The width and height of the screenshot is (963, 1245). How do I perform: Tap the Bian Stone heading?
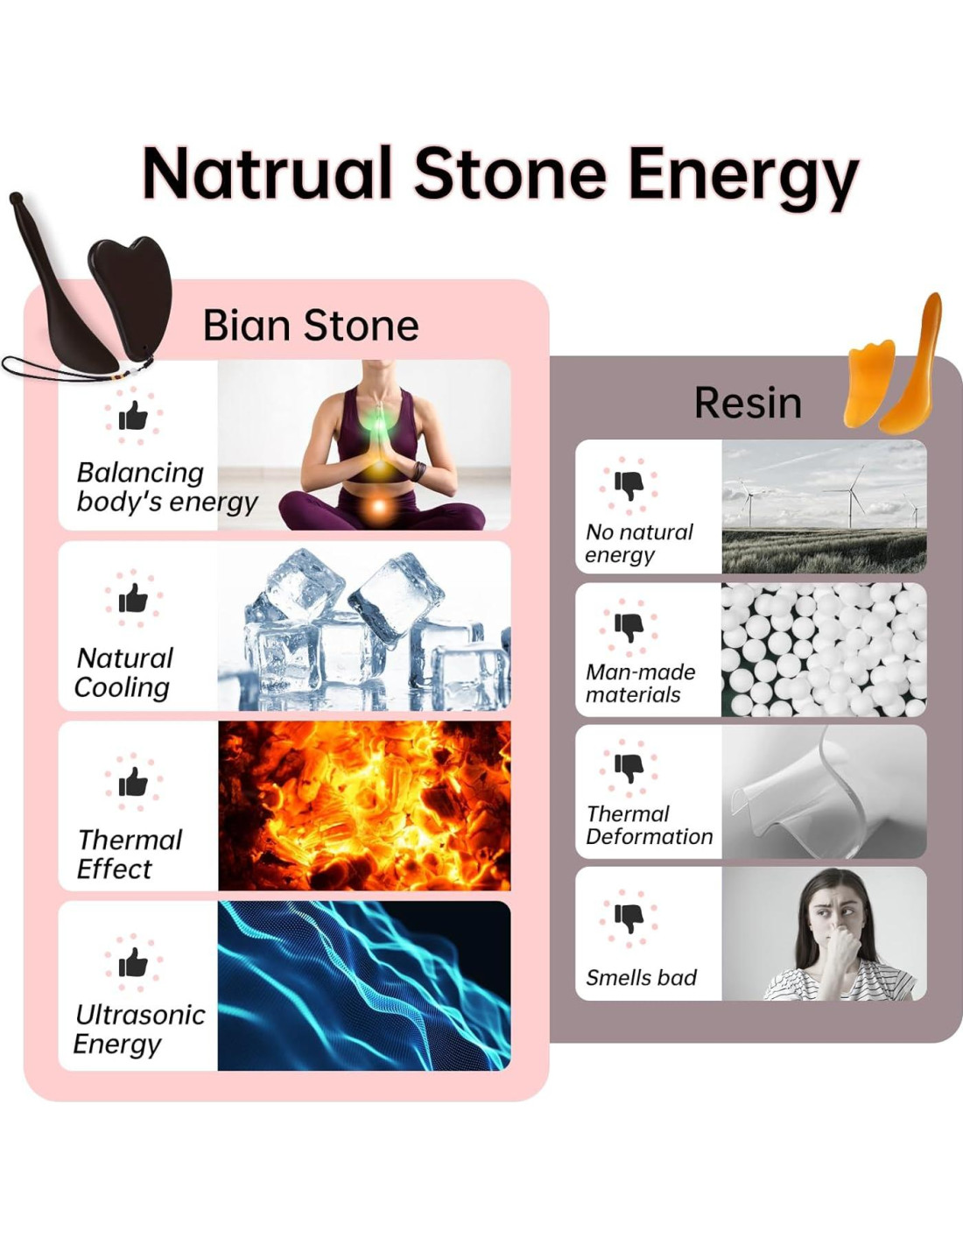[311, 326]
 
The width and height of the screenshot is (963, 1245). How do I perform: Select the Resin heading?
[748, 403]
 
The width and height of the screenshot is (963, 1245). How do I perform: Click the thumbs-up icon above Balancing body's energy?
[133, 415]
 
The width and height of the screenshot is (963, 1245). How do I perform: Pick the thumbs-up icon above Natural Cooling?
[133, 598]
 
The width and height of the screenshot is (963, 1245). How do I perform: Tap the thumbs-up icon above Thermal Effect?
[133, 781]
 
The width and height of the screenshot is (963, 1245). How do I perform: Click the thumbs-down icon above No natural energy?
[629, 486]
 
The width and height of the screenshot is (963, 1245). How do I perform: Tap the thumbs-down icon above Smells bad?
[629, 918]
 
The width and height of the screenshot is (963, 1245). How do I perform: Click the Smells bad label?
[641, 977]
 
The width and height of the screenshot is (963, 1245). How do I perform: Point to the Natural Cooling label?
[123, 672]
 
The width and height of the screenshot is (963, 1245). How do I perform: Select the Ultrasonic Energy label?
[139, 1030]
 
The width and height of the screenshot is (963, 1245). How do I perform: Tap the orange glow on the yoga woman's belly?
[378, 506]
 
